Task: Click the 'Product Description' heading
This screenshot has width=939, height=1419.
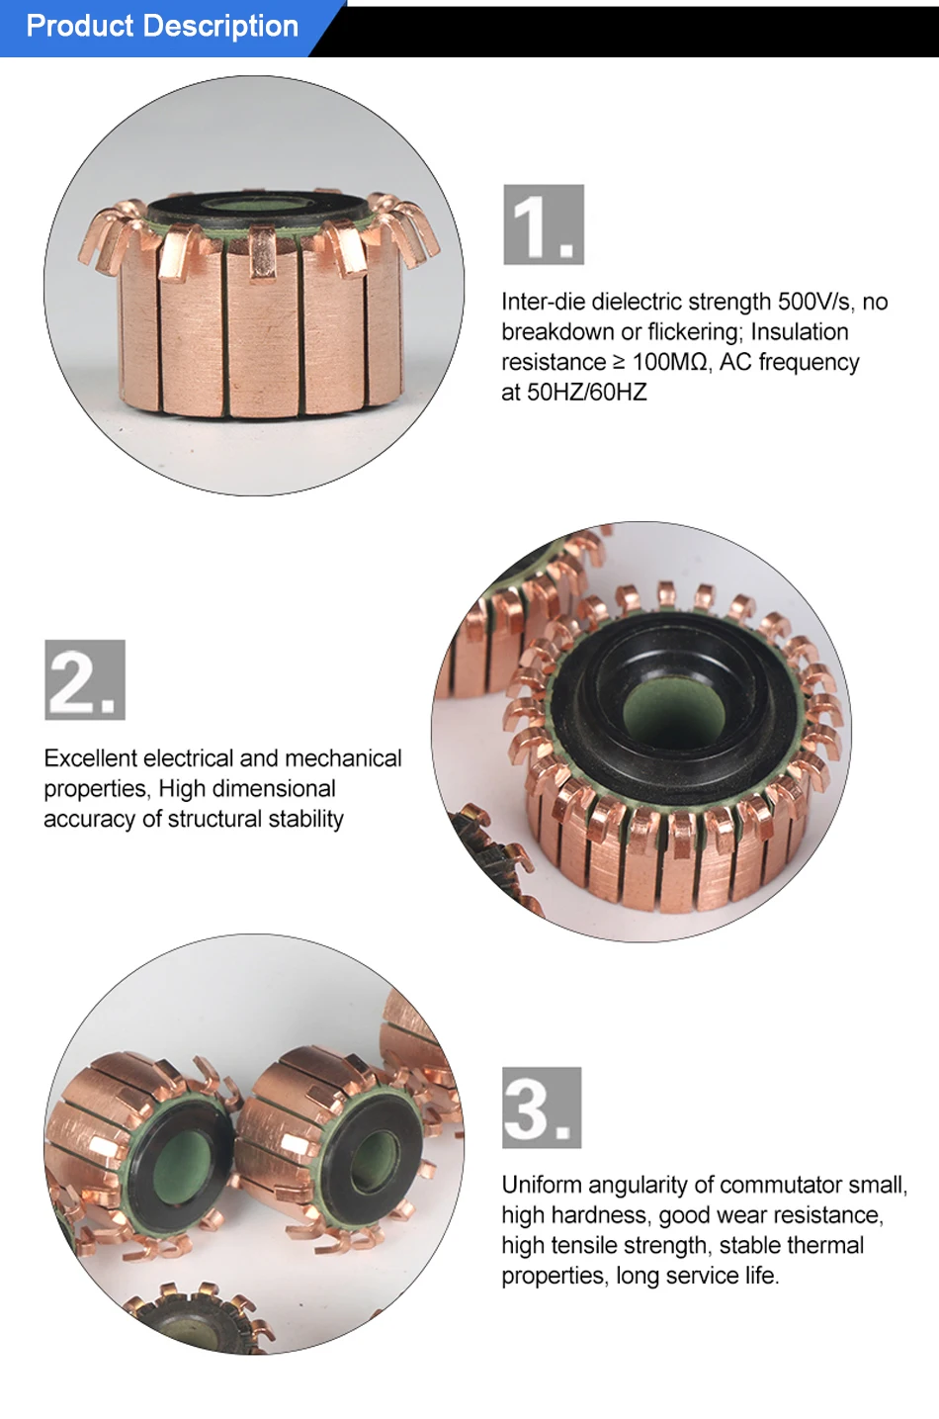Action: pos(162,27)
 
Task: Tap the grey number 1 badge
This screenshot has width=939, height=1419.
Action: pos(544,224)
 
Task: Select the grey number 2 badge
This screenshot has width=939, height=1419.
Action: pos(85,679)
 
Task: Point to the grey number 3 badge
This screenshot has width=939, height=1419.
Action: pos(542,1108)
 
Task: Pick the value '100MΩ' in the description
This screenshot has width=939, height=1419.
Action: pos(669,362)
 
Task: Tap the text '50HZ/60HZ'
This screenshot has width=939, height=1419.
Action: pos(587,393)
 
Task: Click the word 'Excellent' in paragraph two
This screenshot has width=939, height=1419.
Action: pos(90,757)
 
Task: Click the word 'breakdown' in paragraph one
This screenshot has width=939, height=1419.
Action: pos(557,332)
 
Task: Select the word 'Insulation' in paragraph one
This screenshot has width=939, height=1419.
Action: pos(800,332)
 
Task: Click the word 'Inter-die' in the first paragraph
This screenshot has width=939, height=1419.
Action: pos(544,302)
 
